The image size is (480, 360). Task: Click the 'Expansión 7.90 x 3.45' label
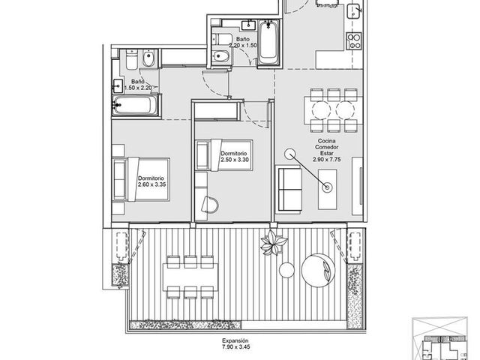235,343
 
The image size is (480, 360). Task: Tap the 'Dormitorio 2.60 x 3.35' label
151,181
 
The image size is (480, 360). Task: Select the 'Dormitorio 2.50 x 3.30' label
235,157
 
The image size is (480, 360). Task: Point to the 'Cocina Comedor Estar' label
327,147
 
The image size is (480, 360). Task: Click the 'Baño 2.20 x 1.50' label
242,42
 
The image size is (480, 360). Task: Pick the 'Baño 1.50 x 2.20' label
138,85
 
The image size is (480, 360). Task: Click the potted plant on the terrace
273,242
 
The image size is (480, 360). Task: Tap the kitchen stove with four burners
354,41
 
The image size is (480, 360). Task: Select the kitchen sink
355,12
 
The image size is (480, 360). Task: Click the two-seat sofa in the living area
289,189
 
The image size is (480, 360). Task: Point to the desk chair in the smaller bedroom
210,204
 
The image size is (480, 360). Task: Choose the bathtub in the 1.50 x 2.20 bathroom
135,105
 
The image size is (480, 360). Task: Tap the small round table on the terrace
286,270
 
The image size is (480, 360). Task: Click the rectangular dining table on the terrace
190,277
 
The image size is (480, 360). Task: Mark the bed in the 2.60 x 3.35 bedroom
141,179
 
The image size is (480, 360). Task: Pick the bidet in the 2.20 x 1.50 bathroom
222,55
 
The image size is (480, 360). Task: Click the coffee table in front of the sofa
327,190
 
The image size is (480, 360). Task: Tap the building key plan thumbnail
440,338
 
